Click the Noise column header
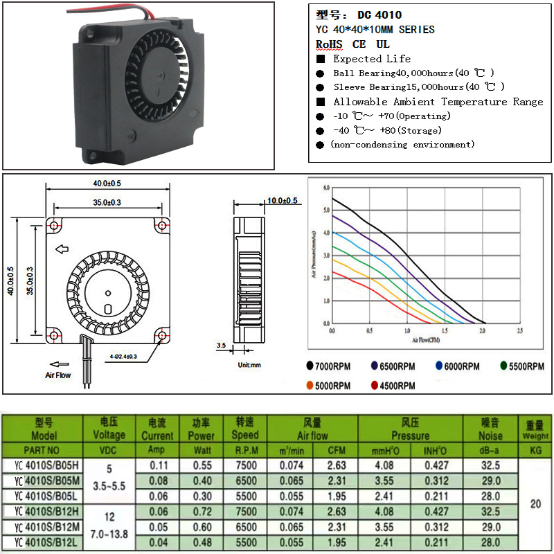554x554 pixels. tap(490, 429)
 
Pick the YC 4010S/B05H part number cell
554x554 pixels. tap(43, 465)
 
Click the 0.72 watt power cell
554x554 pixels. tap(202, 511)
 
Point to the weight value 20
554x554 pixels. tap(535, 503)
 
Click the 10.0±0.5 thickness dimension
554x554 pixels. tap(282, 201)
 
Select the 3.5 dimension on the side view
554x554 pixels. tap(221, 344)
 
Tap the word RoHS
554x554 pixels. tap(329, 44)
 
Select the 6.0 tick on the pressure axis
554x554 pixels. tap(325, 188)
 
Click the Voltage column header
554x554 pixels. tap(109, 429)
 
